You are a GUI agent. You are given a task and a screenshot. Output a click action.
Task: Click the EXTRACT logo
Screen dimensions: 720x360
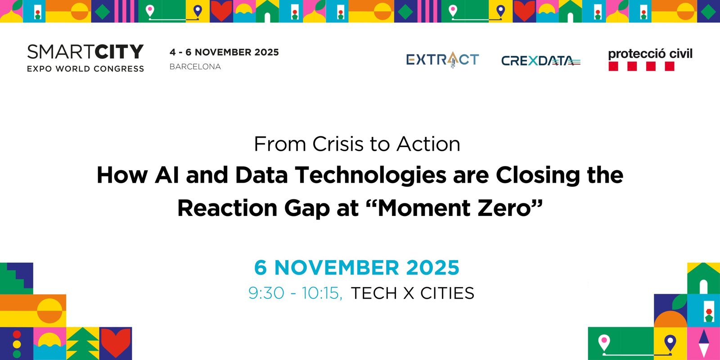click(x=443, y=59)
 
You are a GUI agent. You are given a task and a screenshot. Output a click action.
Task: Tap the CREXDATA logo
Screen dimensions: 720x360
click(x=541, y=61)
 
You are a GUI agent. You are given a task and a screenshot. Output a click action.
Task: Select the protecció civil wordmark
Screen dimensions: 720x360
click(x=650, y=54)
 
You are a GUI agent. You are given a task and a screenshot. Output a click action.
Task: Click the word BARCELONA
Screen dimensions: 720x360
click(x=195, y=67)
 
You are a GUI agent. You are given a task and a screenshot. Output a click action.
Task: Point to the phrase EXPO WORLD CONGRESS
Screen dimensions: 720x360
click(x=85, y=69)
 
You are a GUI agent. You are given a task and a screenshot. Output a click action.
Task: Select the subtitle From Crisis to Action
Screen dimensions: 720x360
click(x=357, y=144)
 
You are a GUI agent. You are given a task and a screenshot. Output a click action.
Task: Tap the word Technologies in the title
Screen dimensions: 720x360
click(x=371, y=175)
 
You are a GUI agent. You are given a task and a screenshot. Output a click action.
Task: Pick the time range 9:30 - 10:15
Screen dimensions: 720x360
click(x=295, y=293)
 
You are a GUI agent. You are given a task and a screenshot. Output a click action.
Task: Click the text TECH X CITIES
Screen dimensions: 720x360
click(x=413, y=293)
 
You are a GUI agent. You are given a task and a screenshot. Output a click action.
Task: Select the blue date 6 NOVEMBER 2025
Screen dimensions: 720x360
click(x=357, y=267)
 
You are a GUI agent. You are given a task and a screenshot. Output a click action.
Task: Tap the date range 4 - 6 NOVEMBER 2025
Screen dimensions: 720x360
click(x=224, y=52)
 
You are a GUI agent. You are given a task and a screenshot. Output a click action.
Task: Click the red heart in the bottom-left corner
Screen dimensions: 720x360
click(x=116, y=342)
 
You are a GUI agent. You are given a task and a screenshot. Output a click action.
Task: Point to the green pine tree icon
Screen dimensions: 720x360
click(x=83, y=344)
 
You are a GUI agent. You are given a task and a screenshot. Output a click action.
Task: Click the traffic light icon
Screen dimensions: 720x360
click(x=17, y=344)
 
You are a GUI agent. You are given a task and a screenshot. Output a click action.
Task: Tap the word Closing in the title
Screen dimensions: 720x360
click(x=538, y=175)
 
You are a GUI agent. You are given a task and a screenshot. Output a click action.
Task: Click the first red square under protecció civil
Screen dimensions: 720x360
click(x=613, y=66)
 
